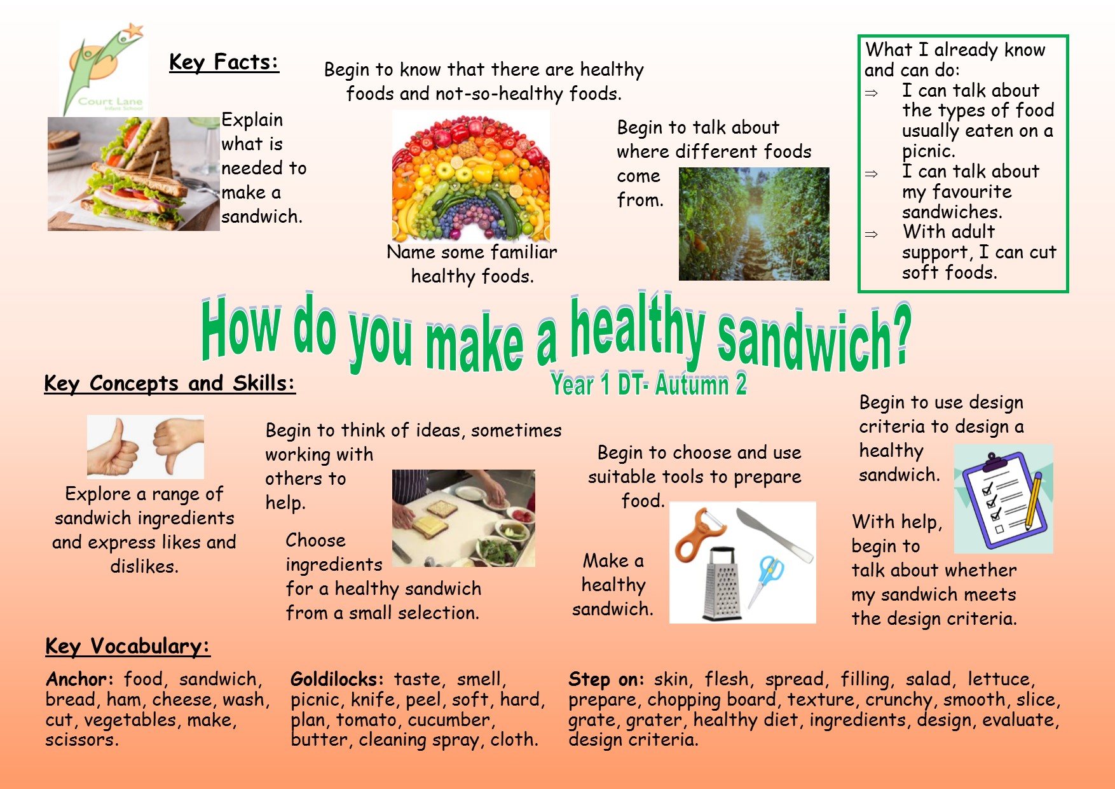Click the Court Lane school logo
pos(104,69)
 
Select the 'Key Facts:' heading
pos(224,62)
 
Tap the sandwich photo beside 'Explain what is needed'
pos(133,173)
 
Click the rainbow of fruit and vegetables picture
pos(471,176)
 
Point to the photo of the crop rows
pos(754,224)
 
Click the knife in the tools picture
pos(774,534)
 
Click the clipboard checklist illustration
pos(1003,499)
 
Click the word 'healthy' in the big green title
pos(638,328)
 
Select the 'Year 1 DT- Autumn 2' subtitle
pos(648,384)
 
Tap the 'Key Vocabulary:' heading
pos(128,646)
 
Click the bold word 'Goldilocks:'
pos(337,680)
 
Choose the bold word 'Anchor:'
pos(79,679)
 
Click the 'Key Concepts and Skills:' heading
pos(170,384)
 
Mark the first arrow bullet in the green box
pos(872,94)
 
